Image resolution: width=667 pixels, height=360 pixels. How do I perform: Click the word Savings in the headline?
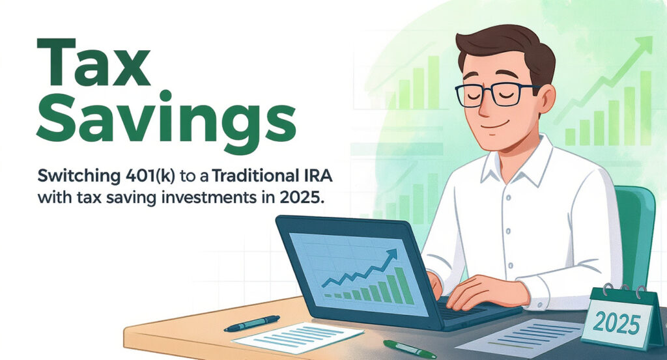166,118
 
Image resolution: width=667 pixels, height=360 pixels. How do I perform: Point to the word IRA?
321,176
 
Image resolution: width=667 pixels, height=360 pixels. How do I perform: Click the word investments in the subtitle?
206,198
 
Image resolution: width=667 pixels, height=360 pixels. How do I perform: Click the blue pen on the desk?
252,324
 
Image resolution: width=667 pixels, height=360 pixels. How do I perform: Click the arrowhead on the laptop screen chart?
391,255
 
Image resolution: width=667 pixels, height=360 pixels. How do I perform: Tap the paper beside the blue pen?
298,338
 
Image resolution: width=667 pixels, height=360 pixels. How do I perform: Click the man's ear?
547,98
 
